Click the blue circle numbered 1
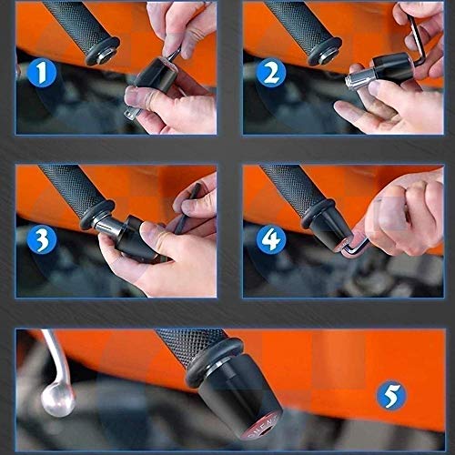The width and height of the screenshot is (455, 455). (42, 73)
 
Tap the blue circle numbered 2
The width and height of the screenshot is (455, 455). (271, 73)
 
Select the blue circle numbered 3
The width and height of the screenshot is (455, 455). (42, 239)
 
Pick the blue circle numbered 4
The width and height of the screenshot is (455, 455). (271, 239)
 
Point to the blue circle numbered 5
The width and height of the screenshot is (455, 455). (391, 395)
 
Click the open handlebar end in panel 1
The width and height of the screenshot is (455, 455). (102, 52)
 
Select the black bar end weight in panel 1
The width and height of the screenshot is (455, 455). (156, 76)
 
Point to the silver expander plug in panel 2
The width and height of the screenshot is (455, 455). (359, 79)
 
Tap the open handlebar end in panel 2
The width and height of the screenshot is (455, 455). (325, 52)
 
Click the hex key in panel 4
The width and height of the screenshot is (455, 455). (355, 247)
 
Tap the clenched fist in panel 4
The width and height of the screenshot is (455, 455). (405, 212)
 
